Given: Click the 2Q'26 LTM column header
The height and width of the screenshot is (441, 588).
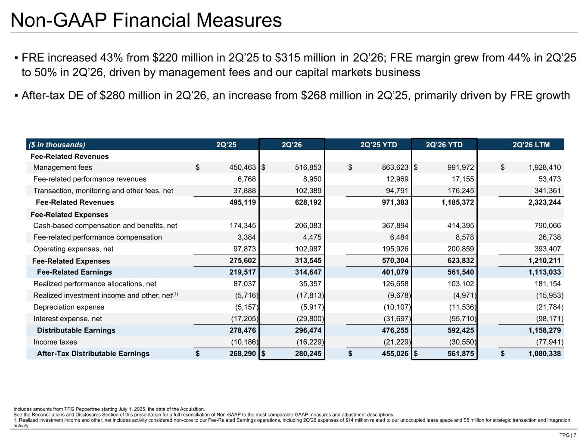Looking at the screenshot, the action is point(531,145).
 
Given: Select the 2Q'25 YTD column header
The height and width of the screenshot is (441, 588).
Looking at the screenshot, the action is point(378,145).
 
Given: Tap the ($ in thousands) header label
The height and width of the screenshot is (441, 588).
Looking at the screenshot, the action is point(57,145).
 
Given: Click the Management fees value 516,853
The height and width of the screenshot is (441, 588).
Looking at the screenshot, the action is point(308,168).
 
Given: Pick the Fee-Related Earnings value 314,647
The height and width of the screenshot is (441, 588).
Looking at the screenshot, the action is point(308,272).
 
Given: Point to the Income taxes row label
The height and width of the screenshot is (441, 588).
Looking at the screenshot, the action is point(55,342).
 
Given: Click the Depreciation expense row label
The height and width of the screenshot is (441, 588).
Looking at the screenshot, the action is point(68,307).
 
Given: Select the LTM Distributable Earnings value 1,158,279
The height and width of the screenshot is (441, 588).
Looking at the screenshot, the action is point(544,330).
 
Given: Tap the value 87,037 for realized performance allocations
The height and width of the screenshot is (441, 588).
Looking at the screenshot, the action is point(244,284).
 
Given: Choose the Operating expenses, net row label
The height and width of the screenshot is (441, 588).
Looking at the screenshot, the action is point(73,249).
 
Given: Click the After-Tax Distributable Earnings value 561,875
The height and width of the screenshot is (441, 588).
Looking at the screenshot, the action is point(460,354).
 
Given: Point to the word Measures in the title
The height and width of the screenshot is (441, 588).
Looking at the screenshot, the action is point(239,20).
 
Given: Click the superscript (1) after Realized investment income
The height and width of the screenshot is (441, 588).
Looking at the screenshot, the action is point(175,294).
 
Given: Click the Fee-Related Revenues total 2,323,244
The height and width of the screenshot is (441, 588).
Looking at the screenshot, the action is point(544,202).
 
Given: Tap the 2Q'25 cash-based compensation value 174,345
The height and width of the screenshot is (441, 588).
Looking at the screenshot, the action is point(243,226).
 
